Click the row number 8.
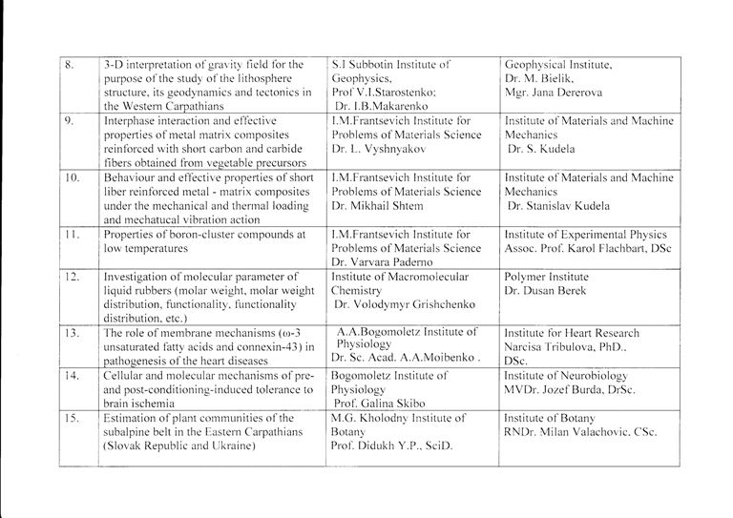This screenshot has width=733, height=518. point(69,65)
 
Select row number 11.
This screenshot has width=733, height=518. point(71,234)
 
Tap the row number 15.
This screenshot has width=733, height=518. point(71,418)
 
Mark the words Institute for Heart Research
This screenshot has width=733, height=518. point(572,333)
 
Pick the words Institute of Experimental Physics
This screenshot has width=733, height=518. point(586,234)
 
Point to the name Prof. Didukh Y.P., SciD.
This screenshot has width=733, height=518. point(390,446)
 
